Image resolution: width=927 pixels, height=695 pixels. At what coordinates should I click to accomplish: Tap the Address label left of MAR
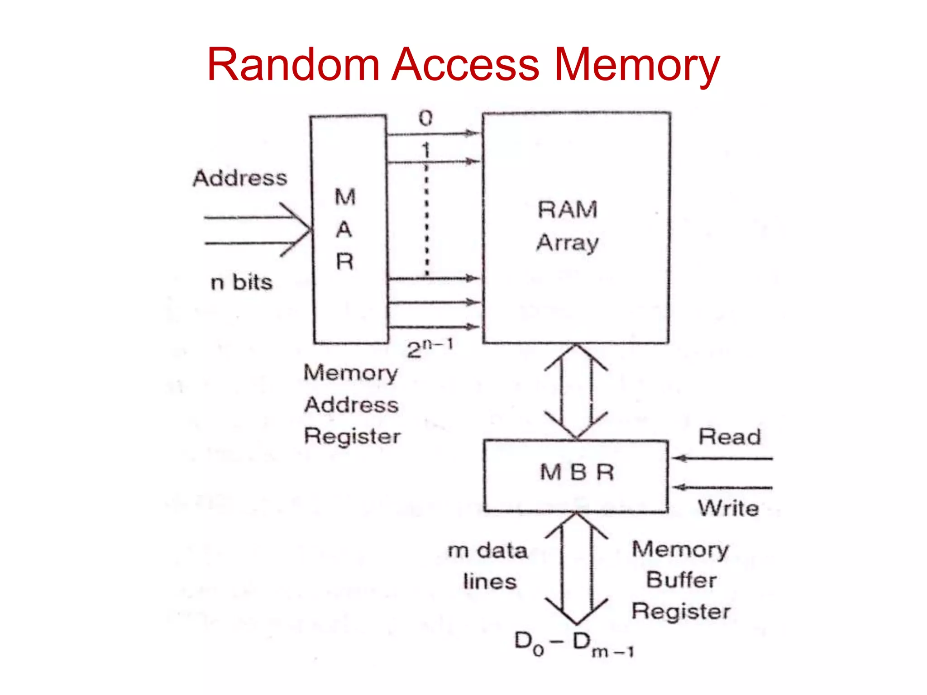click(240, 178)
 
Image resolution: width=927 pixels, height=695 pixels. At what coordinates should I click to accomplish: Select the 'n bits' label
click(242, 282)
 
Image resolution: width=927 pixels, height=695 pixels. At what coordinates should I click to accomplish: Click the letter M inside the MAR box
click(345, 197)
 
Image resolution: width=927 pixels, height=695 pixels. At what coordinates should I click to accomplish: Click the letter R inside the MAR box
click(344, 262)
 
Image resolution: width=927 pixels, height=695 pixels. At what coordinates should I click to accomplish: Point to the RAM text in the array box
click(568, 210)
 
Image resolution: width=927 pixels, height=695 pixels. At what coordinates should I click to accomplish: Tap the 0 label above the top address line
click(425, 119)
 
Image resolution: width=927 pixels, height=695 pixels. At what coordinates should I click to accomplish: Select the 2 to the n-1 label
click(430, 349)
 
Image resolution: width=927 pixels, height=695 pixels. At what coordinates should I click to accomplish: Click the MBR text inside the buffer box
click(577, 472)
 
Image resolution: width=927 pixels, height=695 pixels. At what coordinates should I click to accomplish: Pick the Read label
click(729, 437)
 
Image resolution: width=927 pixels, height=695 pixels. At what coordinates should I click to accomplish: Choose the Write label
click(728, 508)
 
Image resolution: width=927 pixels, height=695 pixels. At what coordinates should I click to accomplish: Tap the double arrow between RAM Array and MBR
click(576, 392)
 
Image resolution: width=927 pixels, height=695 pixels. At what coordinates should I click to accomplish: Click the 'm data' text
click(487, 551)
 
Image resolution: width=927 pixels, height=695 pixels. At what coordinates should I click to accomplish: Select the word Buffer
click(681, 580)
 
